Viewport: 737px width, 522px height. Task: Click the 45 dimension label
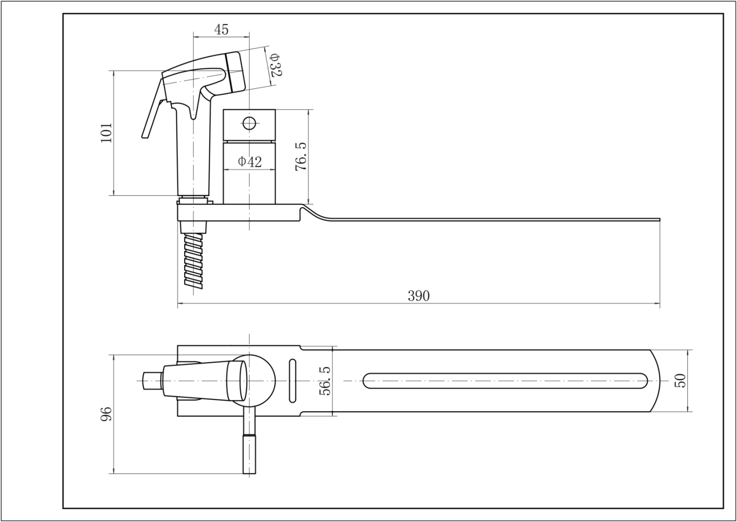point(221,30)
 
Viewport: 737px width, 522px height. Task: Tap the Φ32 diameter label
point(275,65)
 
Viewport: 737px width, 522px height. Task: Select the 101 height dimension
point(106,133)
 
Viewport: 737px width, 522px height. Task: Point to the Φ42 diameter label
point(250,162)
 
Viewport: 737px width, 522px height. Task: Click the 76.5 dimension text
point(301,156)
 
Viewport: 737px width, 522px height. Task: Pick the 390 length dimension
point(419,296)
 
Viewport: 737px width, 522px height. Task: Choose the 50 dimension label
point(680,381)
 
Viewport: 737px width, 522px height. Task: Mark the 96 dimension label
point(106,414)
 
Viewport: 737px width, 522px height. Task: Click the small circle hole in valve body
point(249,123)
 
